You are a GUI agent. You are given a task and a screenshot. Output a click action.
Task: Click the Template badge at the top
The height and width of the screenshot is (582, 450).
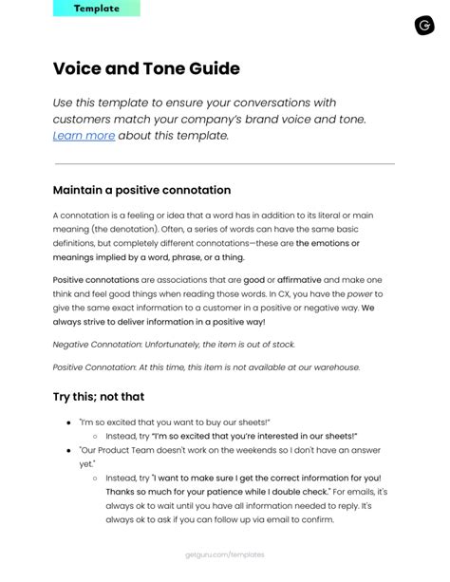[98, 9]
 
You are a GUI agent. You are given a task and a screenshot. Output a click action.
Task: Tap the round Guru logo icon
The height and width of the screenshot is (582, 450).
[423, 25]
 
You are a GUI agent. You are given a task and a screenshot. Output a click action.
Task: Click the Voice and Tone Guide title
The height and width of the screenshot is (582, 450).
[146, 68]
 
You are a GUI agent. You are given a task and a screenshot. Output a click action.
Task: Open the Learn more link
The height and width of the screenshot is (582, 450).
[84, 136]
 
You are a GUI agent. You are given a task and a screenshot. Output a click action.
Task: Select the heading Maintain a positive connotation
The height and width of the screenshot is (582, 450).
[141, 190]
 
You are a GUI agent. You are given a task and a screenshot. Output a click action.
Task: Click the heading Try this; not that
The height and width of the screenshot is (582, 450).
[99, 396]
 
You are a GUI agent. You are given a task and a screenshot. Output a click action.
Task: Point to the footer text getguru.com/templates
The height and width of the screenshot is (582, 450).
[225, 554]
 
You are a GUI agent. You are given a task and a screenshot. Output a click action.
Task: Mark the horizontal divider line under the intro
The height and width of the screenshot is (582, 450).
[224, 164]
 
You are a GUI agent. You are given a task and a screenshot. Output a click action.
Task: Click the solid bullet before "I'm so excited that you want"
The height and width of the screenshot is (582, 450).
[68, 421]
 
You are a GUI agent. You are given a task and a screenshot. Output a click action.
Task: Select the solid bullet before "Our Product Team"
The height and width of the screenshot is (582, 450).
[68, 450]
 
